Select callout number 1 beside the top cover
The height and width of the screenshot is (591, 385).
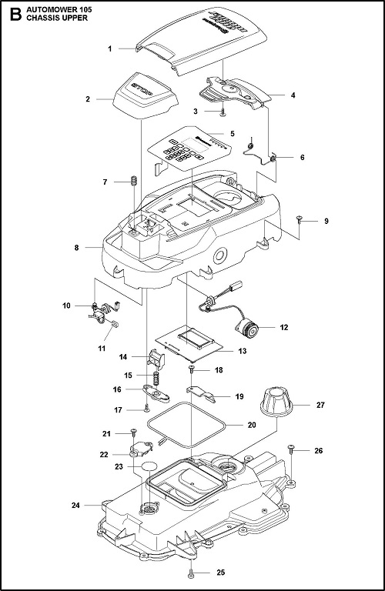[110, 48]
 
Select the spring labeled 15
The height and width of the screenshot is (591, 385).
[155, 378]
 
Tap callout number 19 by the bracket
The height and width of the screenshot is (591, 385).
[239, 396]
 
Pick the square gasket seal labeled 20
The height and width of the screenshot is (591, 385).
[186, 425]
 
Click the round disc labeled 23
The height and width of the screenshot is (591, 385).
[148, 466]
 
